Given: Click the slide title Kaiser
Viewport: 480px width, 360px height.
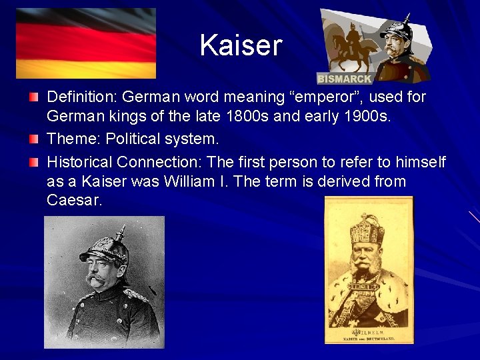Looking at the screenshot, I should coord(241,45).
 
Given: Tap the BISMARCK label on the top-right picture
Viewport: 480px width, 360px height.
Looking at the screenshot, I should coord(345,79).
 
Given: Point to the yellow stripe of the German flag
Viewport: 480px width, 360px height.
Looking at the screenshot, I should coord(86,69).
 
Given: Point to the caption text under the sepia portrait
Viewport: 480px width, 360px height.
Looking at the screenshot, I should coord(368,335).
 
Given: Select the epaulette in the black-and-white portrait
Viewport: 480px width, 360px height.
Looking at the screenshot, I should coord(137,294).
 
